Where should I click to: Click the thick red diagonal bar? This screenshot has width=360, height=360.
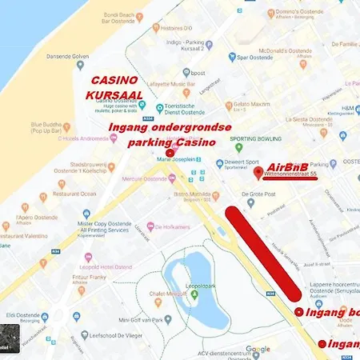coord(266,250)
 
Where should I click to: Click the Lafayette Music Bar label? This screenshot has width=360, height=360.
coord(170,83)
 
